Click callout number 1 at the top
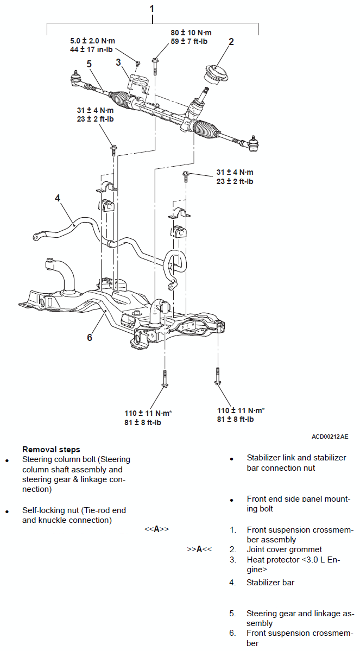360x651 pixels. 152,8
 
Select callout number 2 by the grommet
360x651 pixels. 231,42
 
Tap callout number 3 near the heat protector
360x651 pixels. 118,62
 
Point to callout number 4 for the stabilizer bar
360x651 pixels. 58,198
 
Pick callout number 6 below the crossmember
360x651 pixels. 89,337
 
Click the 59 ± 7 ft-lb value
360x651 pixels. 189,41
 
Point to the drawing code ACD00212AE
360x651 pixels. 330,437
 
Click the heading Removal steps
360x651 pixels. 51,449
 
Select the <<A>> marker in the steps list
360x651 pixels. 156,529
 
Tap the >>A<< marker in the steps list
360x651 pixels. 199,549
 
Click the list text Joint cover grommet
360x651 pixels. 284,549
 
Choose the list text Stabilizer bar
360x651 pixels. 270,582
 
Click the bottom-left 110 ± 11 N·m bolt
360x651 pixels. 165,378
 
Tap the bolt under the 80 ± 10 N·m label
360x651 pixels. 155,66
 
